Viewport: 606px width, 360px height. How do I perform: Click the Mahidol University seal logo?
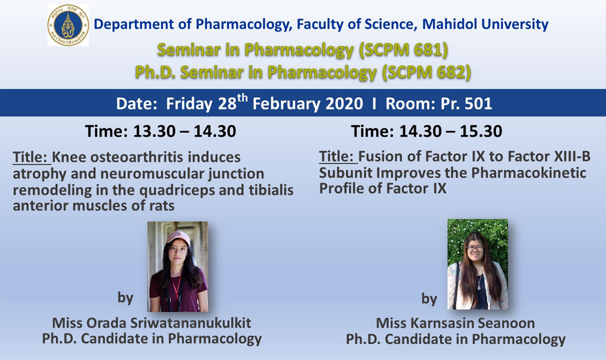tap(68, 26)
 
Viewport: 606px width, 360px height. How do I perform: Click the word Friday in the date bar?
tap(189, 104)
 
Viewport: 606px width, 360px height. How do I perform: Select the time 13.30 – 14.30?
tap(185, 131)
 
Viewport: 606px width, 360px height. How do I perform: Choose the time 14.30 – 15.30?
tap(451, 131)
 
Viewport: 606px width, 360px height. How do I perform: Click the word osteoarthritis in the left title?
tap(136, 157)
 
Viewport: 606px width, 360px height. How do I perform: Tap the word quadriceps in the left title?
tap(179, 191)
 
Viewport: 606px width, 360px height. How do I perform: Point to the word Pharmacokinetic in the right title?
tap(529, 173)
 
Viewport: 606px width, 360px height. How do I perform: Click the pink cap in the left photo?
tap(178, 237)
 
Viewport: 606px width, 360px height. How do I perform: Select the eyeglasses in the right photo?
tap(475, 247)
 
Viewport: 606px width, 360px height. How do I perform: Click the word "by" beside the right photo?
tap(429, 299)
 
